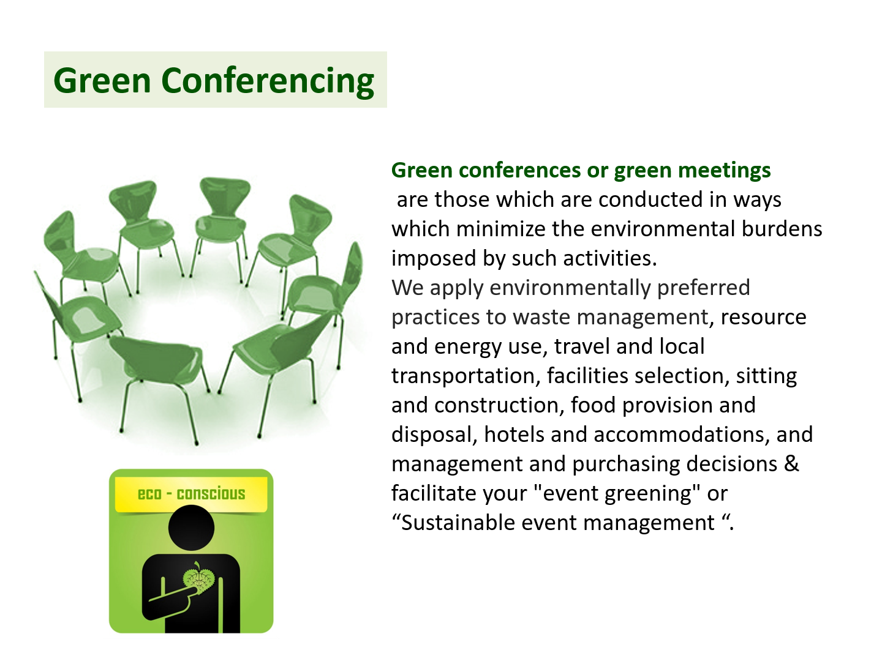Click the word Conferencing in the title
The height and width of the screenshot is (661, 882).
click(x=268, y=81)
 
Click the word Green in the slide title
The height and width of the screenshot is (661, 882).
click(x=102, y=80)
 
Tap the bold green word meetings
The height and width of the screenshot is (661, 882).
click(x=725, y=171)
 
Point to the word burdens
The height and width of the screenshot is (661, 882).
click(x=782, y=229)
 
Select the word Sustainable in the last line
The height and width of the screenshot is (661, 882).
click(x=458, y=523)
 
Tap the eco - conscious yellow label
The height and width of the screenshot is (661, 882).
click(x=191, y=495)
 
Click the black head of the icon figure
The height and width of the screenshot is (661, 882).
click(x=191, y=528)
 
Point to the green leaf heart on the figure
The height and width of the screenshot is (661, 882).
click(x=198, y=579)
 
